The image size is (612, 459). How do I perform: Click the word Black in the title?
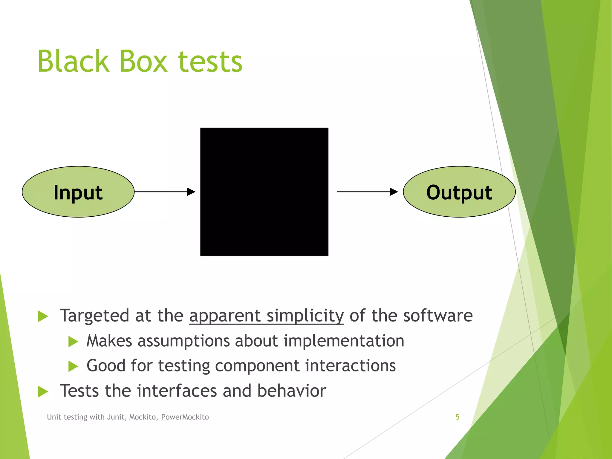(x=73, y=61)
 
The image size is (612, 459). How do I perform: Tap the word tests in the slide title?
(x=210, y=62)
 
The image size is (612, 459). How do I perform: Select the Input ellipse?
(x=78, y=192)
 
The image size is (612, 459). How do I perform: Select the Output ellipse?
(x=459, y=192)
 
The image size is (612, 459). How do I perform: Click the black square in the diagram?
(x=264, y=192)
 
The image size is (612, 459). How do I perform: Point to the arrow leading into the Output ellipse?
(x=368, y=192)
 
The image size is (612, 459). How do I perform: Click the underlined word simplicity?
(x=305, y=316)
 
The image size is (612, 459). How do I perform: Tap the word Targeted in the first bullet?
(x=95, y=316)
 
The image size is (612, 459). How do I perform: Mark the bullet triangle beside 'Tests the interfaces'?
(x=43, y=391)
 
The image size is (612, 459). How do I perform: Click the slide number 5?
(x=457, y=417)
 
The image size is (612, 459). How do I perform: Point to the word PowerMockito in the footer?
(x=185, y=417)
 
